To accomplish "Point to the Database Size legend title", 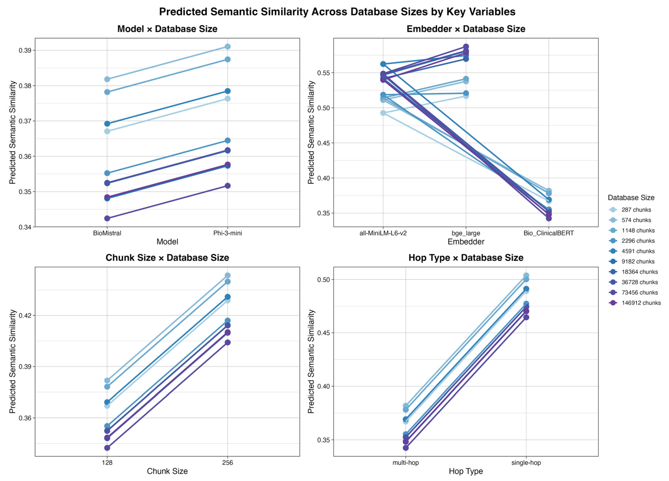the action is point(631,198).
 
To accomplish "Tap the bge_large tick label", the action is point(466,233).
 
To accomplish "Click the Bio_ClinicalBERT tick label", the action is point(549,233).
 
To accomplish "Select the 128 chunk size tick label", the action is point(107,462).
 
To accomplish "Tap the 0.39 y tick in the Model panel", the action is point(25,50).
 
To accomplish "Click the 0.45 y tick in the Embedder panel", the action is point(324,143).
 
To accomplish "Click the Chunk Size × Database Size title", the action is point(167,258).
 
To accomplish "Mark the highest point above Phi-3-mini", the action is point(227,47).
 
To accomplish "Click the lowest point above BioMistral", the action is point(107,218).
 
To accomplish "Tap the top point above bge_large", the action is point(466,47).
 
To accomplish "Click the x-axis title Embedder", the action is point(466,242).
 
